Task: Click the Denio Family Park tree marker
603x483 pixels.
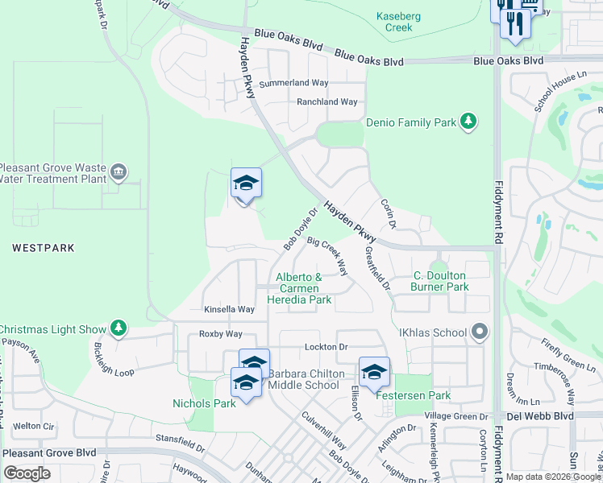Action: (x=468, y=122)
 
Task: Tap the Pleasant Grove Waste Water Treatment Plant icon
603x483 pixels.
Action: (x=119, y=172)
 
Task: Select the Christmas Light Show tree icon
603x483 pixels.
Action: (x=119, y=328)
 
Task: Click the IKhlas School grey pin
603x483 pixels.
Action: (x=480, y=332)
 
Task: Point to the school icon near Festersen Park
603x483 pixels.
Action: (x=374, y=371)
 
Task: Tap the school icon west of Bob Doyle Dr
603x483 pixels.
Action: (x=246, y=184)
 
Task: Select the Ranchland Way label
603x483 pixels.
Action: (x=326, y=102)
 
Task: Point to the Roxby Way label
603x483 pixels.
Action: (x=221, y=334)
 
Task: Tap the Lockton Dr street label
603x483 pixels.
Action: (x=326, y=347)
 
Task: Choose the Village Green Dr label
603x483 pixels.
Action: (x=455, y=416)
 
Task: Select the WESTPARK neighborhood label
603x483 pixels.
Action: (x=44, y=249)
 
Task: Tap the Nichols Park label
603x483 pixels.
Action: (x=204, y=403)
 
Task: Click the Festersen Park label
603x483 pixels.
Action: (x=410, y=395)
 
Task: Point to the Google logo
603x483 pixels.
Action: (x=27, y=473)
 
